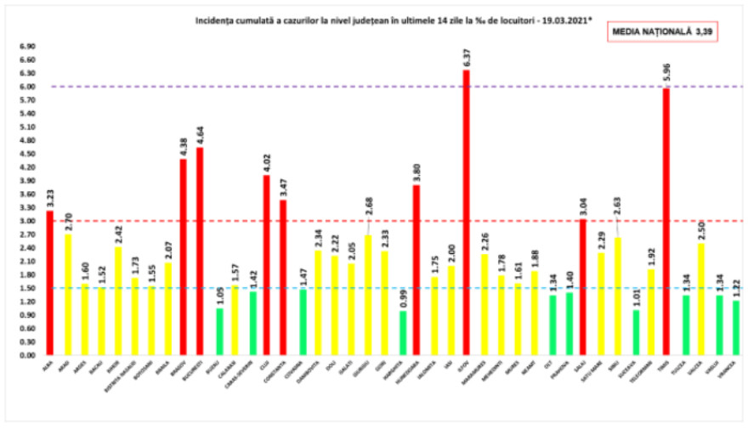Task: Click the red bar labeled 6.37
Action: (467, 212)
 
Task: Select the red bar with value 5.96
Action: (666, 221)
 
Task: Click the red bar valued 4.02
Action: (267, 264)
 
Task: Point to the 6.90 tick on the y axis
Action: (27, 46)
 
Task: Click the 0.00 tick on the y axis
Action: (27, 355)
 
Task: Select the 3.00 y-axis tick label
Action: (27, 221)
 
